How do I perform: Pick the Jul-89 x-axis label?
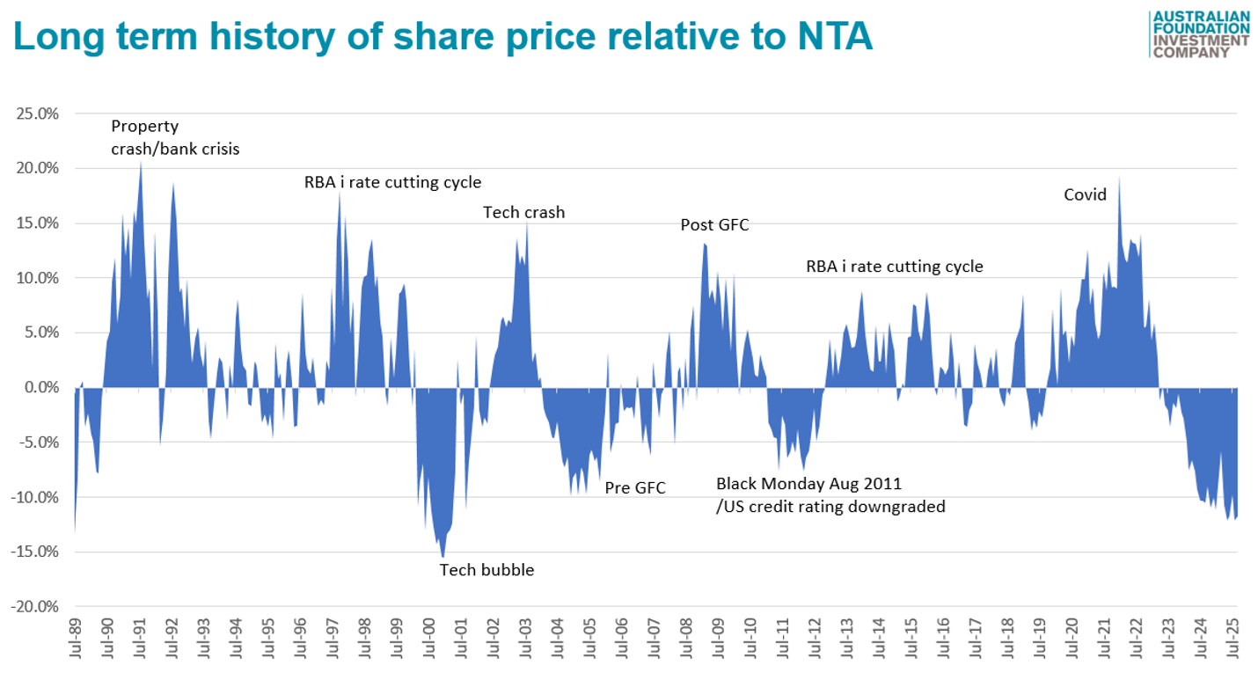pyautogui.click(x=76, y=637)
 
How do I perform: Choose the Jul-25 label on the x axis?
pyautogui.click(x=1235, y=637)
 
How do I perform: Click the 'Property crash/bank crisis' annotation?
pyautogui.click(x=175, y=137)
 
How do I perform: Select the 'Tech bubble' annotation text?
pyautogui.click(x=486, y=570)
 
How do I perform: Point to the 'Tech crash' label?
pyautogui.click(x=524, y=212)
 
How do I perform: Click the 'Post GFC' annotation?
pyautogui.click(x=714, y=224)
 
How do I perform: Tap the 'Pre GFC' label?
pyautogui.click(x=635, y=488)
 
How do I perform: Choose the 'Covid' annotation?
pyautogui.click(x=1085, y=194)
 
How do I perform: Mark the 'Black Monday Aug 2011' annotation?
pyautogui.click(x=808, y=484)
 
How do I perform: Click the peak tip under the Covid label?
pyautogui.click(x=1119, y=179)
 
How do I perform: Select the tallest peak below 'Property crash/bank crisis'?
pyautogui.click(x=141, y=162)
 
